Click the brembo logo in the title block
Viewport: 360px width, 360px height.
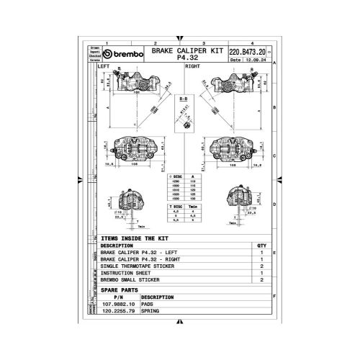pyautogui.click(x=124, y=55)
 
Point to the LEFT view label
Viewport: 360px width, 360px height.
pyautogui.click(x=105, y=66)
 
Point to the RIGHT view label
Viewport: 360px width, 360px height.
pyautogui.click(x=192, y=66)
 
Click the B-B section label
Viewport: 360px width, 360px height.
pyautogui.click(x=183, y=94)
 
